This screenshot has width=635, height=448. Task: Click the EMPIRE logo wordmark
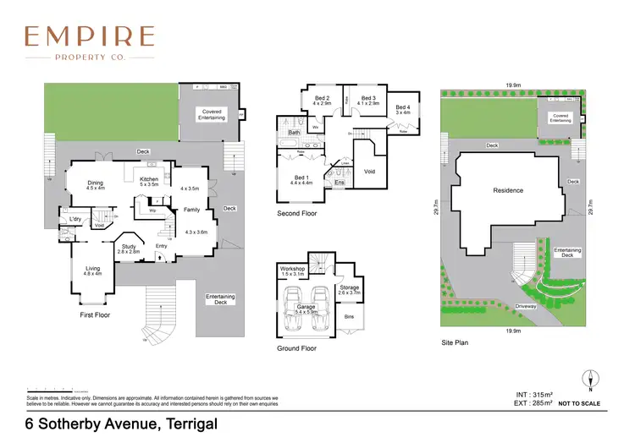[89, 36]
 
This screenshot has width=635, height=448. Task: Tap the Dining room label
[95, 183]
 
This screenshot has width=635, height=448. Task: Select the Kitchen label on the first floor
[149, 179]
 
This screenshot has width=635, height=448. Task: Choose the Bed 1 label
[303, 178]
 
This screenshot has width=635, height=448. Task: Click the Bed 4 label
[402, 107]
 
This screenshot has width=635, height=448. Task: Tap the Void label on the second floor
[369, 172]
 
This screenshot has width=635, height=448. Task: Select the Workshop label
[292, 270]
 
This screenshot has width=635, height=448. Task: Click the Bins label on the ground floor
[349, 318]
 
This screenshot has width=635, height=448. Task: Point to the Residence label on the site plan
[508, 190]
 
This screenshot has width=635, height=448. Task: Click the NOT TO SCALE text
[580, 404]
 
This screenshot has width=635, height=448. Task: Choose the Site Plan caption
[454, 342]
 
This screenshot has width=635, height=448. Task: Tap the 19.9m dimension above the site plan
[512, 85]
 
